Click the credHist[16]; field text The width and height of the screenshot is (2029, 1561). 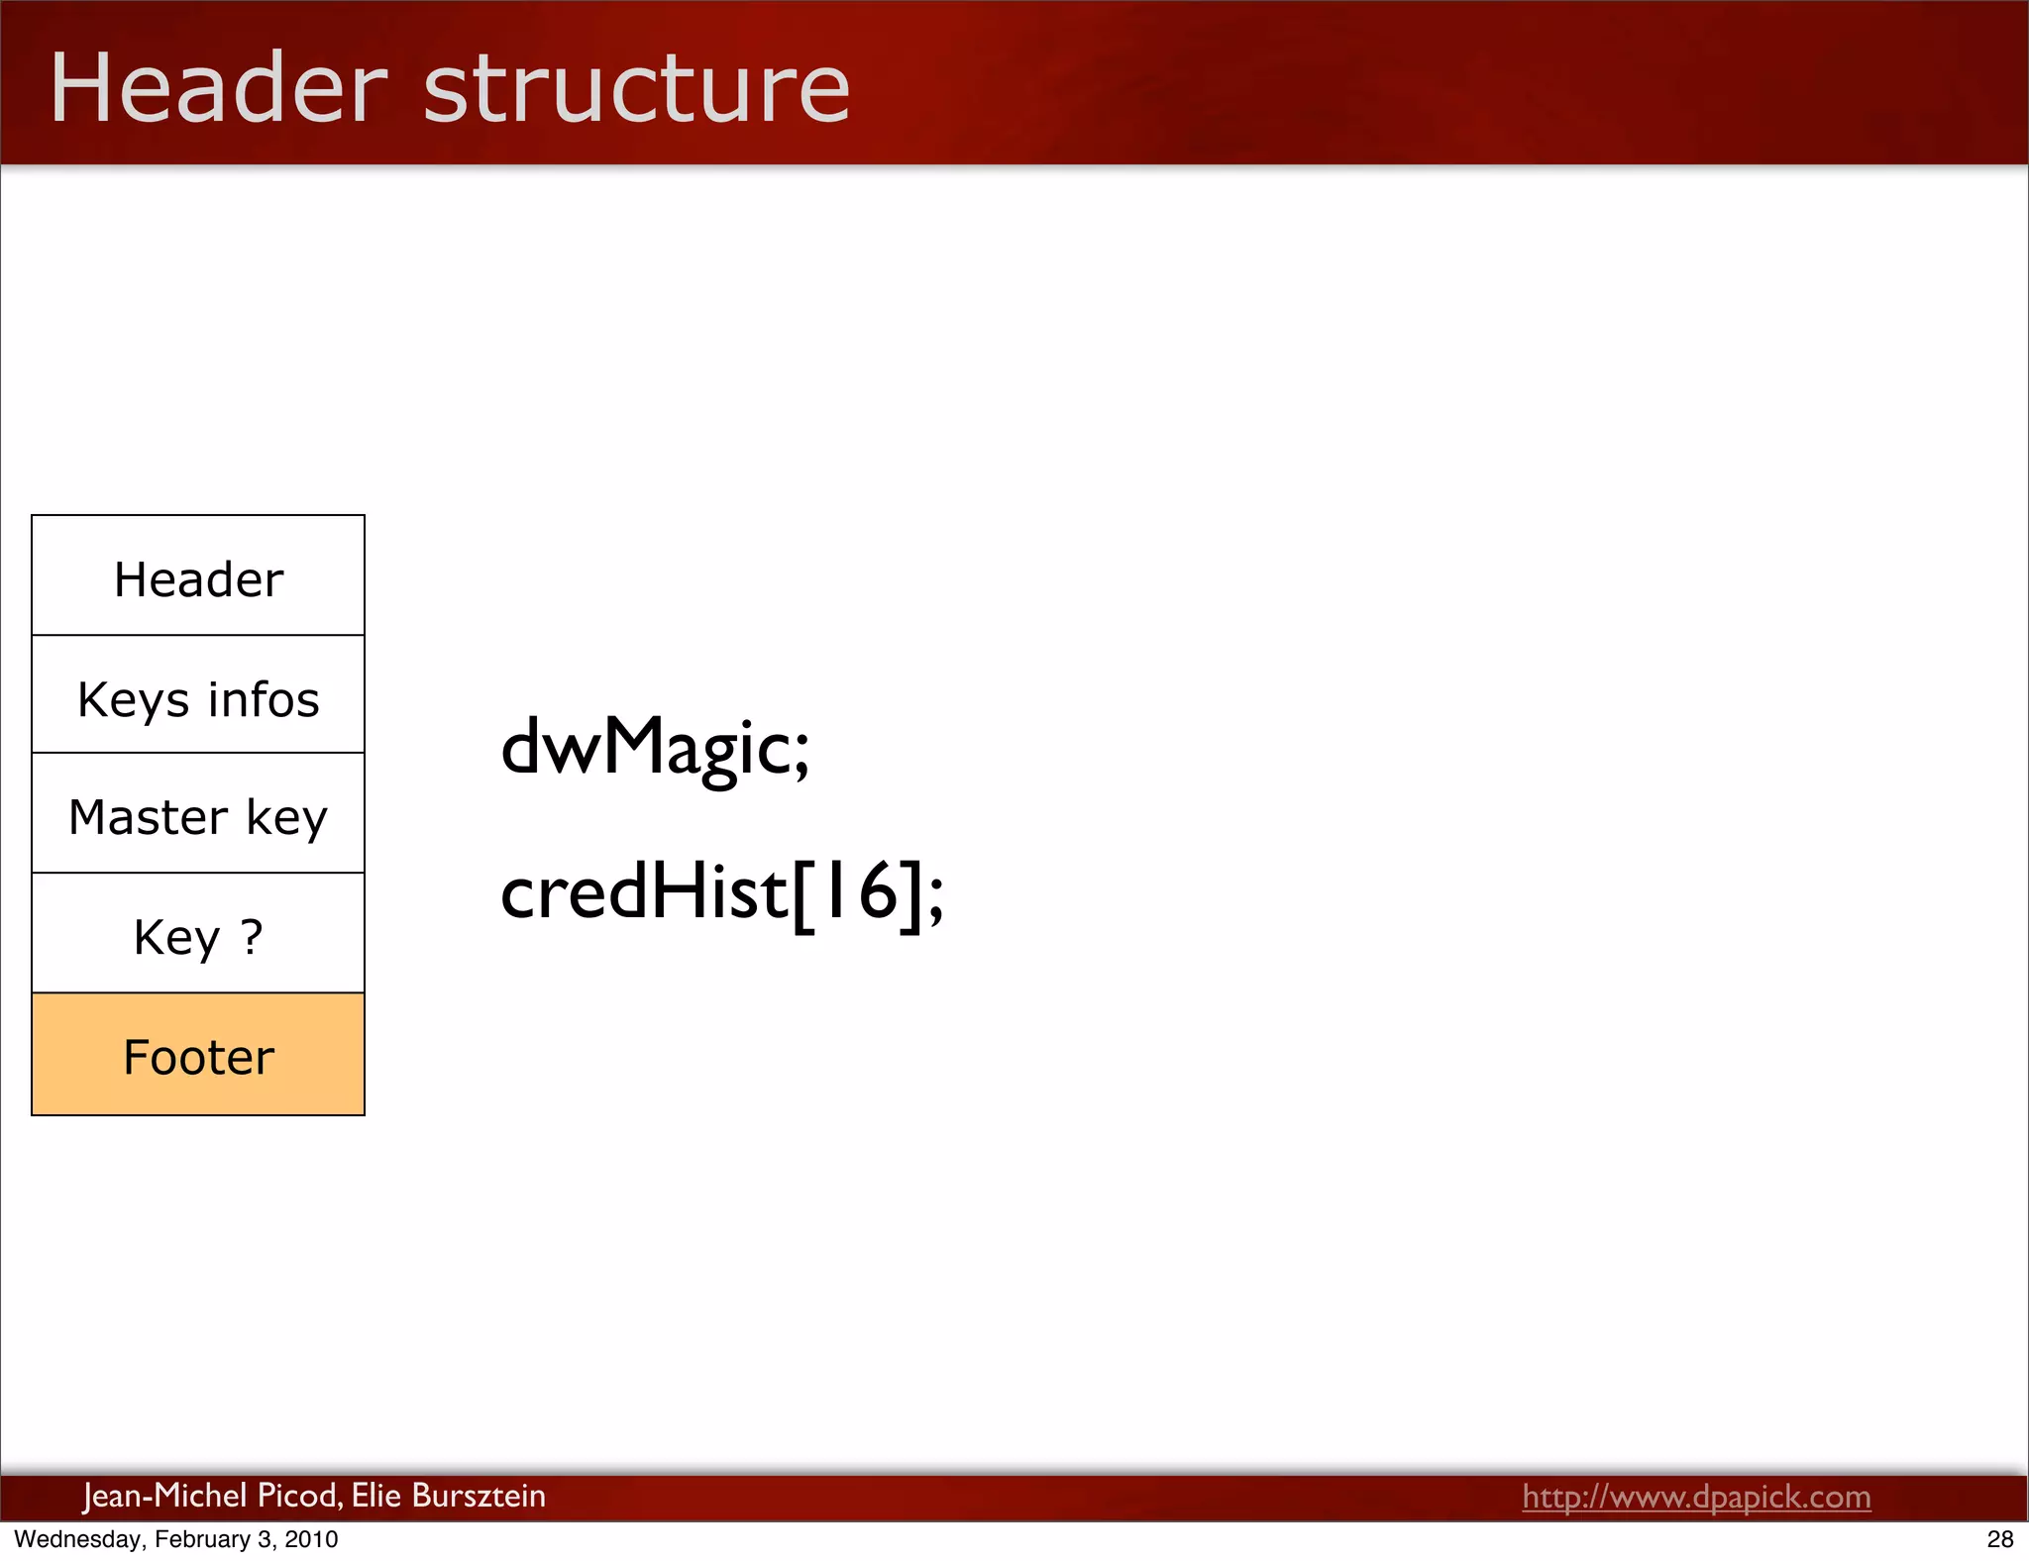click(721, 892)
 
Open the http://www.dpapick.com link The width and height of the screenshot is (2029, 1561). click(1696, 1496)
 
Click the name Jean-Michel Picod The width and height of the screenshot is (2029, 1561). click(213, 1496)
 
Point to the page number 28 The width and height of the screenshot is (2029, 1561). click(1999, 1539)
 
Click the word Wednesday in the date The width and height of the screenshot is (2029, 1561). click(77, 1539)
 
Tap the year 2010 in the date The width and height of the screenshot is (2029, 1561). click(311, 1539)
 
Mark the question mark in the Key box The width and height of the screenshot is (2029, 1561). click(252, 936)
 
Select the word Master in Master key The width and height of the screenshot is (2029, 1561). click(148, 817)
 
